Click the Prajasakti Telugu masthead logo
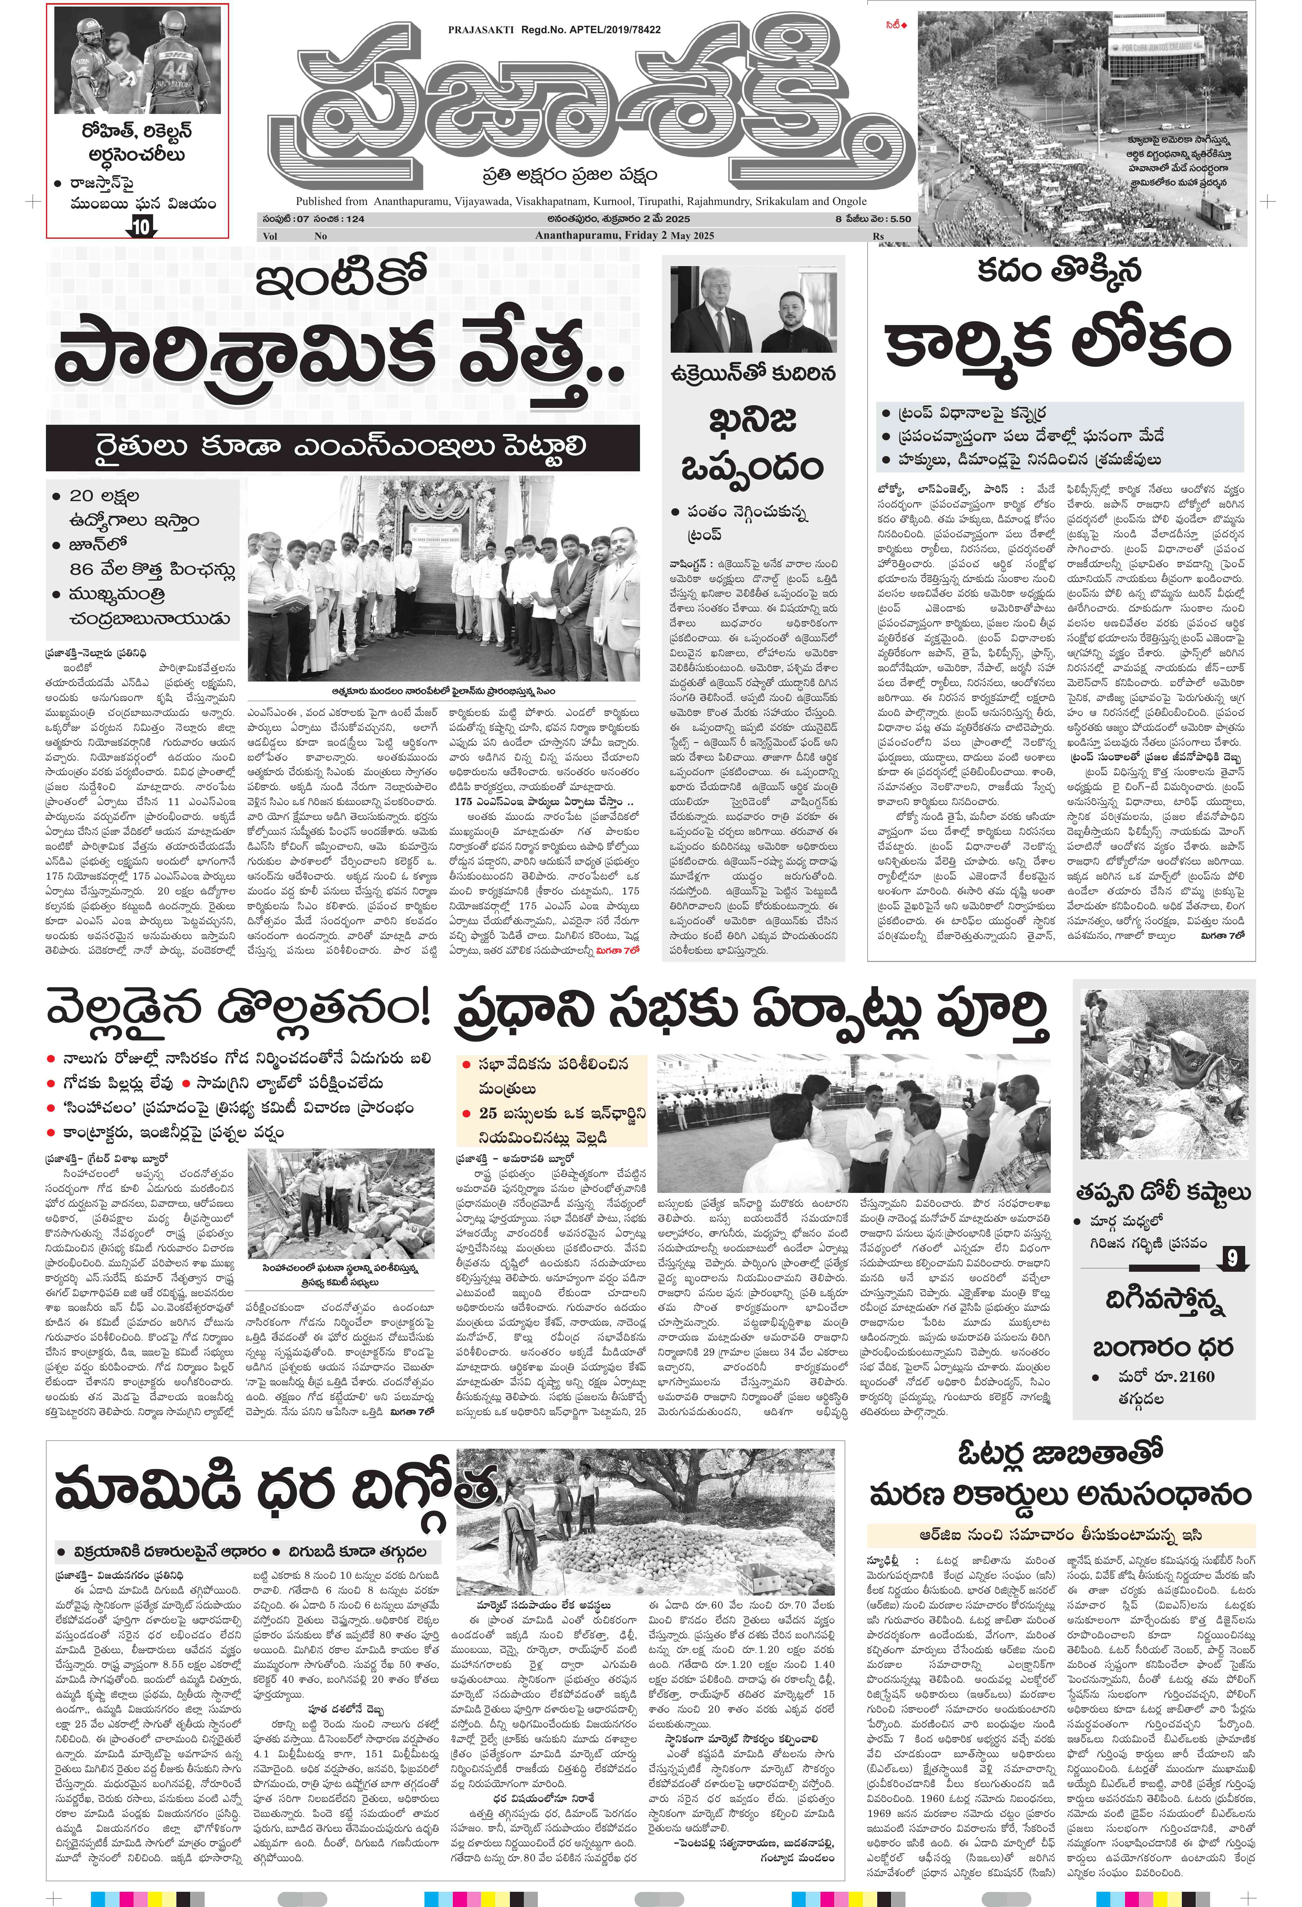(x=591, y=102)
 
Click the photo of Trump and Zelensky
(x=752, y=309)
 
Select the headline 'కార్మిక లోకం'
(x=1058, y=345)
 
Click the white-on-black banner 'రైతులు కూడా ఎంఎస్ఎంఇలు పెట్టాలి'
(x=342, y=447)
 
